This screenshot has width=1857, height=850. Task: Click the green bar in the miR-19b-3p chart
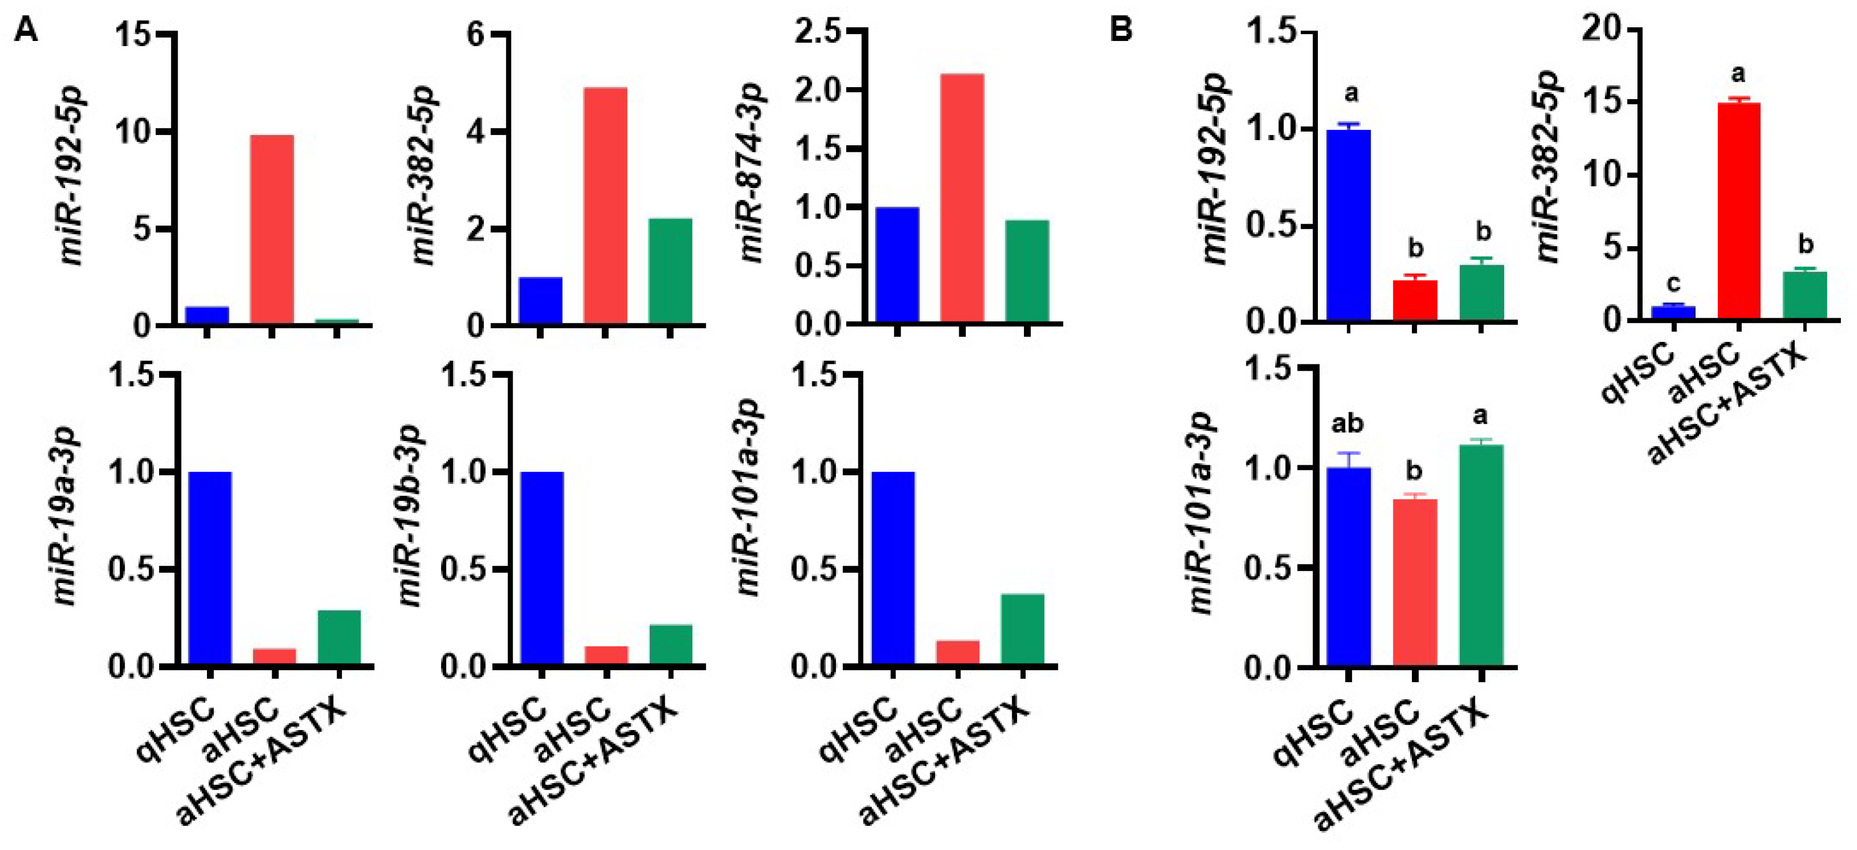coord(671,645)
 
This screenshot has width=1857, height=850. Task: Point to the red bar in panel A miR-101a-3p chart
coord(958,652)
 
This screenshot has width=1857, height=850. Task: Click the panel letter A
coord(26,31)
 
